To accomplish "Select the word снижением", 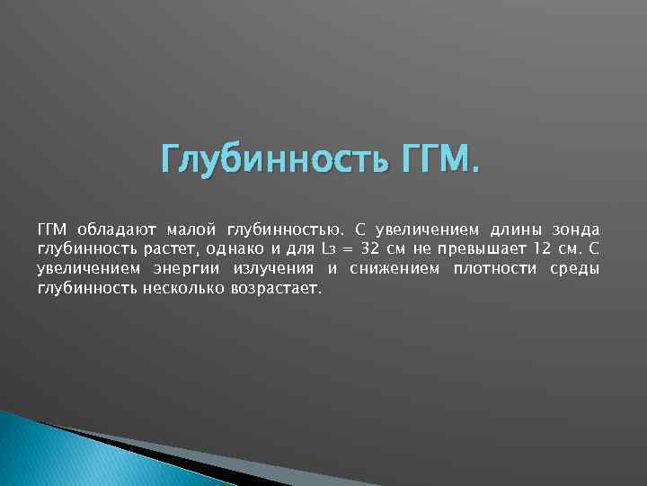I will click(x=393, y=269).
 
